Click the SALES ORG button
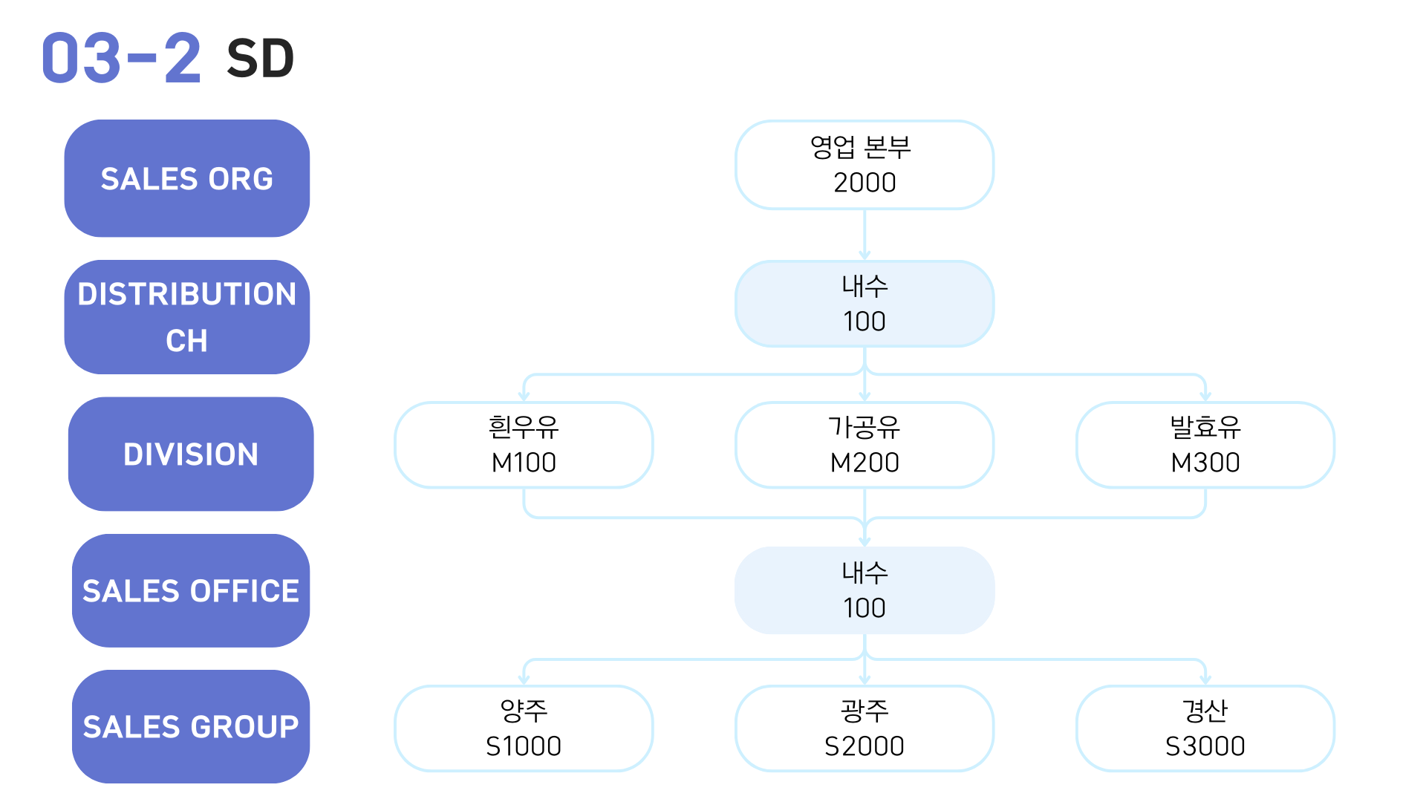(187, 178)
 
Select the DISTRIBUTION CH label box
(187, 317)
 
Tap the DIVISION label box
(191, 454)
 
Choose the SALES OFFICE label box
(191, 590)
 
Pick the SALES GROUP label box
(191, 726)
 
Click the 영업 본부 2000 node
(865, 165)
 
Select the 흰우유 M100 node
(524, 445)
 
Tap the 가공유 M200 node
(865, 445)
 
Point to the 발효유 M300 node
(1205, 445)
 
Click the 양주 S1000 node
(524, 728)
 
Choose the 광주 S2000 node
(865, 728)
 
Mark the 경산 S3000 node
(1205, 728)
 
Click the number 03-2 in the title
(121, 58)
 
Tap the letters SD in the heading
(261, 59)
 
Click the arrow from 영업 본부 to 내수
(865, 235)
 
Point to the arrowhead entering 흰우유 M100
(524, 397)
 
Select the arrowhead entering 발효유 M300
(1205, 397)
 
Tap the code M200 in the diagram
(865, 463)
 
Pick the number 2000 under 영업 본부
(865, 183)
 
